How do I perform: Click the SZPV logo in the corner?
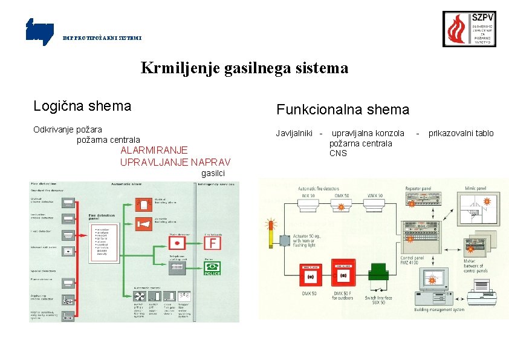coord(469,29)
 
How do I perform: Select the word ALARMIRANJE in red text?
coord(154,150)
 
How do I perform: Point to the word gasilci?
coord(213,174)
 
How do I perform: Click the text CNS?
coord(338,153)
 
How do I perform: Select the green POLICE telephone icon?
coord(212,268)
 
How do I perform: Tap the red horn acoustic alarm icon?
coord(143,223)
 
